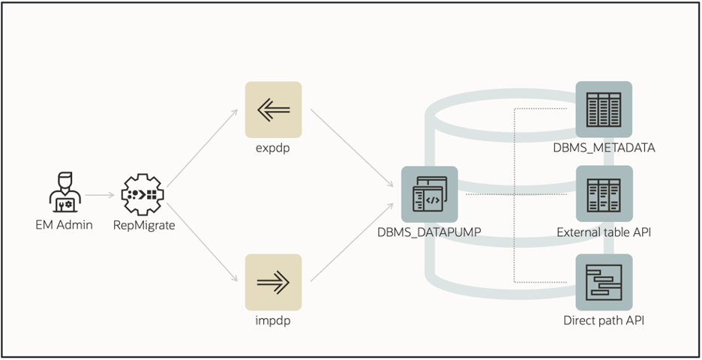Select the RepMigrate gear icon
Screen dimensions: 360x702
pos(142,195)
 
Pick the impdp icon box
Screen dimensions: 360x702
pos(274,282)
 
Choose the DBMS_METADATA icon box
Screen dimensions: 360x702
pos(604,109)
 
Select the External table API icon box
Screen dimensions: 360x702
pos(604,193)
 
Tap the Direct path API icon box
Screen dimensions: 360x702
pos(604,282)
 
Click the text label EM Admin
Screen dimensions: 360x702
pos(64,224)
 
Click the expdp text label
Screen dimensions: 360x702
pos(274,148)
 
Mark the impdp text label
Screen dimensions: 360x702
pos(274,321)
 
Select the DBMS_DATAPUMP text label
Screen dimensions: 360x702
pos(429,232)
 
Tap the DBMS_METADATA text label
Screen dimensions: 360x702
pos(604,148)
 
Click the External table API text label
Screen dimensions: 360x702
pos(604,232)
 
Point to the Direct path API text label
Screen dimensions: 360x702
pos(604,321)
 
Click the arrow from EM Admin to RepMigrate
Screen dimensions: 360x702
pos(100,195)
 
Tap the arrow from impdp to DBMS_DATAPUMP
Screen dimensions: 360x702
pos(352,241)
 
